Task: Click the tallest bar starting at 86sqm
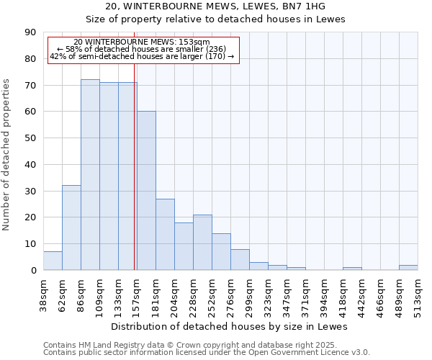click(x=90, y=175)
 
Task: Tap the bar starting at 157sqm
click(x=146, y=191)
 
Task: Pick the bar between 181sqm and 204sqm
click(x=165, y=235)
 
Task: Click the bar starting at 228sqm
click(x=202, y=243)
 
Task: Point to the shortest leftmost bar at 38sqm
click(x=53, y=261)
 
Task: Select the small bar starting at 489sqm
click(x=408, y=268)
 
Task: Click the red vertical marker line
click(x=135, y=180)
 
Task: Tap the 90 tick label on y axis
click(x=31, y=32)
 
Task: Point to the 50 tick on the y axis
click(x=31, y=138)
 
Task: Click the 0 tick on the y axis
click(x=34, y=271)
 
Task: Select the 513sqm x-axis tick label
click(x=418, y=294)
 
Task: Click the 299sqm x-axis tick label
click(x=249, y=294)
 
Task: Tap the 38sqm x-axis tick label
click(x=43, y=294)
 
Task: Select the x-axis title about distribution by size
click(x=230, y=327)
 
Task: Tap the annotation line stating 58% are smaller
click(x=142, y=49)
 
